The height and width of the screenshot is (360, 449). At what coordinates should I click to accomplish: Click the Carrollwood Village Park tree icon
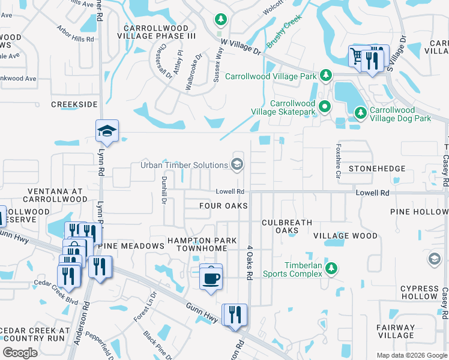[x=325, y=76]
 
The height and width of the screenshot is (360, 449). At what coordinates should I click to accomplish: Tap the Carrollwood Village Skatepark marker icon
[x=325, y=107]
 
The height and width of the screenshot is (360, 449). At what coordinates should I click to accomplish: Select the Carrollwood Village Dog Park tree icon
[x=360, y=113]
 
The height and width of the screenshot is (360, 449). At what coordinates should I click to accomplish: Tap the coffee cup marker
[x=211, y=278]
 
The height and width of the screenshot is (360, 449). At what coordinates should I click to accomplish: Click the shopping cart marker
[x=358, y=57]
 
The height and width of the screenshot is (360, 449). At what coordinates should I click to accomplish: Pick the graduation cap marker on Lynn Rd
[x=107, y=132]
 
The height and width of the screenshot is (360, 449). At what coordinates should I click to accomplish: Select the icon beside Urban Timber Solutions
[x=237, y=165]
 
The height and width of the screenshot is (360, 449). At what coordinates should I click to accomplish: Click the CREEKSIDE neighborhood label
[x=74, y=104]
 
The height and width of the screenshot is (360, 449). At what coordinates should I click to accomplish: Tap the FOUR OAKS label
[x=223, y=206]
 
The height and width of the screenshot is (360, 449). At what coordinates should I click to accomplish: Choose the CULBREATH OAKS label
[x=287, y=226]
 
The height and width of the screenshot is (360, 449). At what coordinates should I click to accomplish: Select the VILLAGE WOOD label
[x=346, y=236]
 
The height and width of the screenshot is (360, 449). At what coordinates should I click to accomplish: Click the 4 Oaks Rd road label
[x=249, y=262]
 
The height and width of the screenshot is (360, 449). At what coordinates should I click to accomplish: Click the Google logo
[x=20, y=353]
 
